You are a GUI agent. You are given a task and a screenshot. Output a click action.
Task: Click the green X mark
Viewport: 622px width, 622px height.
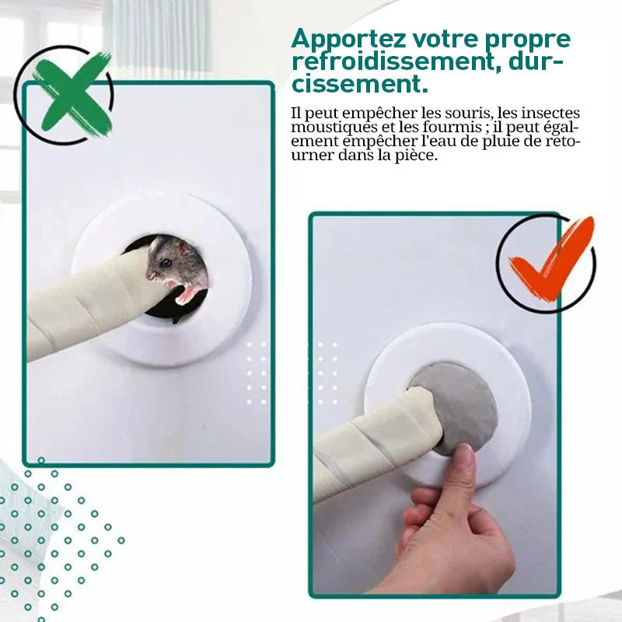[x=72, y=95]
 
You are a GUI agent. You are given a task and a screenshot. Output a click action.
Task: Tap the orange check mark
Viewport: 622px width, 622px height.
[x=551, y=262]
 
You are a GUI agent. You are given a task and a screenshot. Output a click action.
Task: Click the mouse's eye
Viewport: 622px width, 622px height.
[x=166, y=263]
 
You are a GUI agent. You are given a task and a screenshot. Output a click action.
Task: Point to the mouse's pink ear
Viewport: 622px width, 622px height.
[x=183, y=248]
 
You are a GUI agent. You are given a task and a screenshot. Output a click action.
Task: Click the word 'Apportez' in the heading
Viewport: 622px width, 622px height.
[x=348, y=40]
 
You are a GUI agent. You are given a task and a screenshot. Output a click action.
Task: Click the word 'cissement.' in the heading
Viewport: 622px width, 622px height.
[x=360, y=84]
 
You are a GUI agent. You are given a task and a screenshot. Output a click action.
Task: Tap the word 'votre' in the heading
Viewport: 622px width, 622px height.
[x=445, y=40]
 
